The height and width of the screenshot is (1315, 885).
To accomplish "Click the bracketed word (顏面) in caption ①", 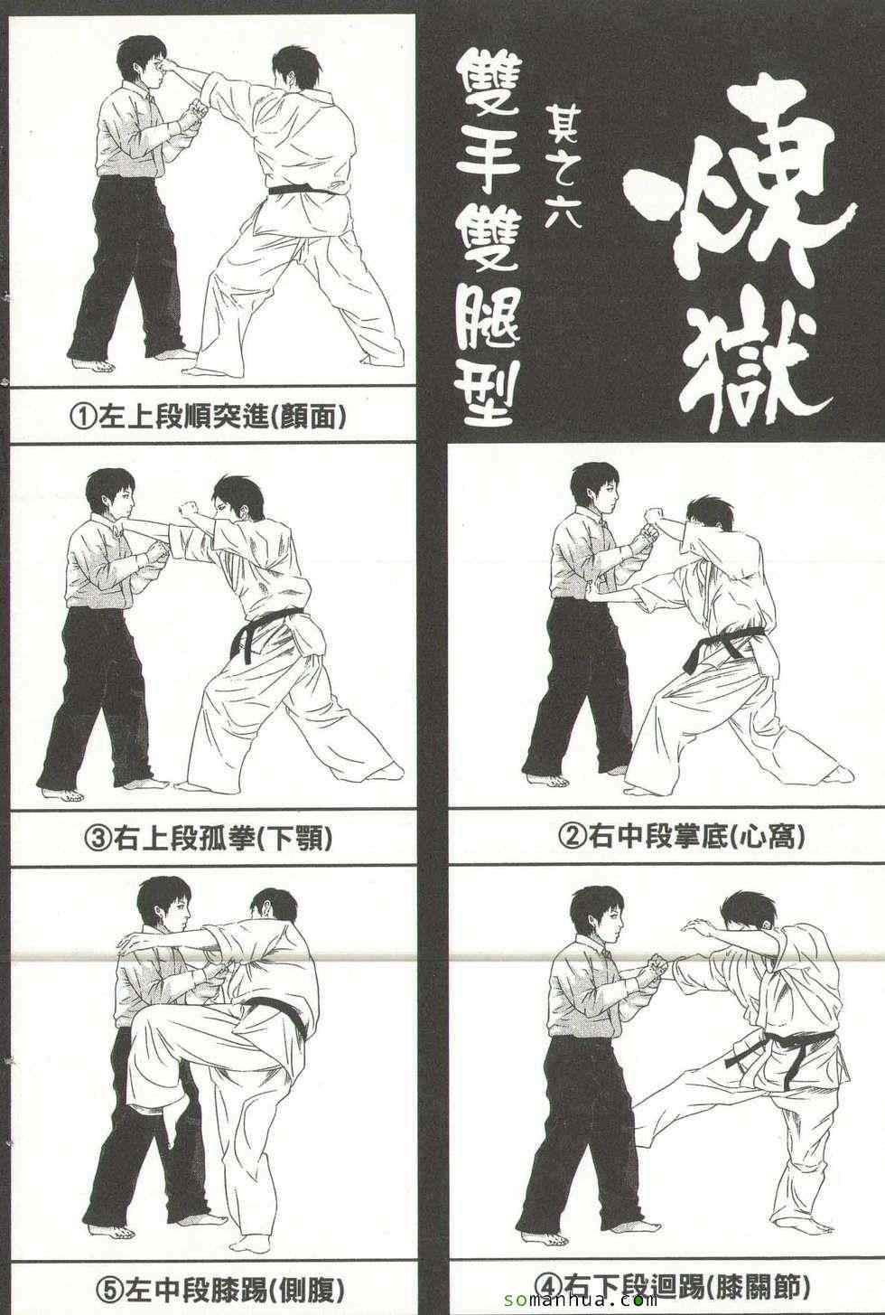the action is [307, 418].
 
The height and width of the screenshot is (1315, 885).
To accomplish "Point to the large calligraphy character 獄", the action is [757, 358].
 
